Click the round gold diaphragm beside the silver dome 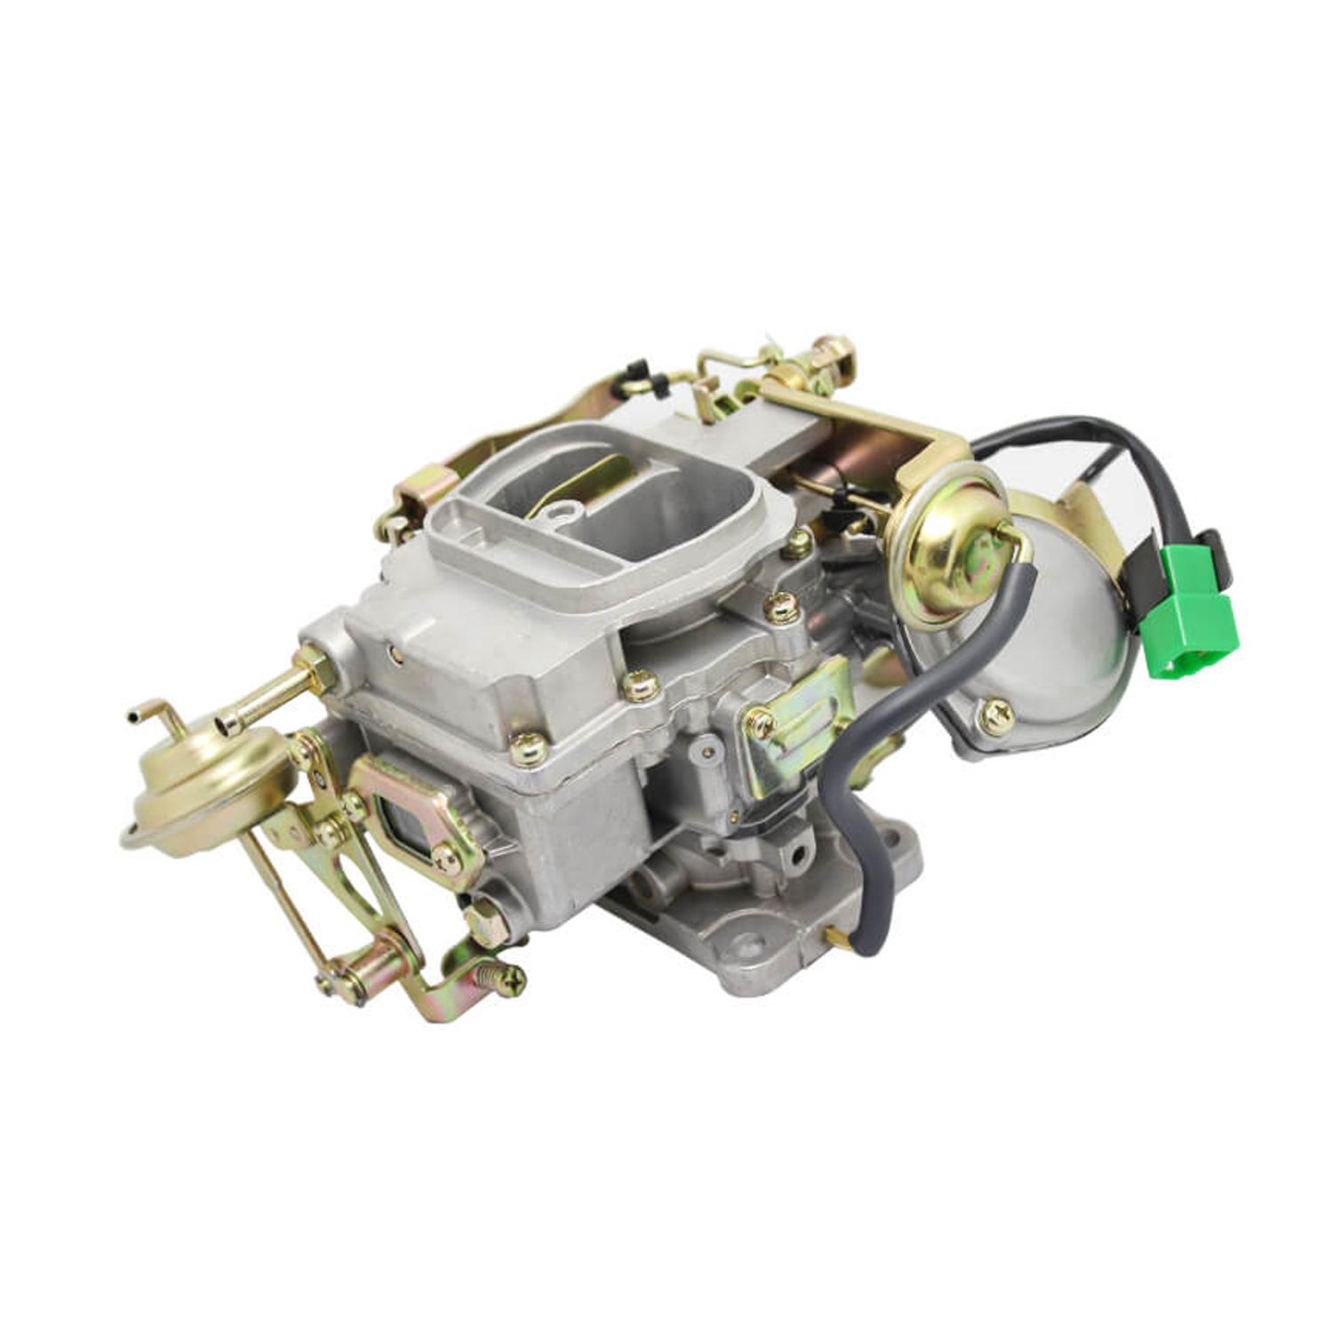click(947, 546)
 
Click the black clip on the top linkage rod click(635, 373)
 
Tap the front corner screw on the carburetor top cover click(528, 749)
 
